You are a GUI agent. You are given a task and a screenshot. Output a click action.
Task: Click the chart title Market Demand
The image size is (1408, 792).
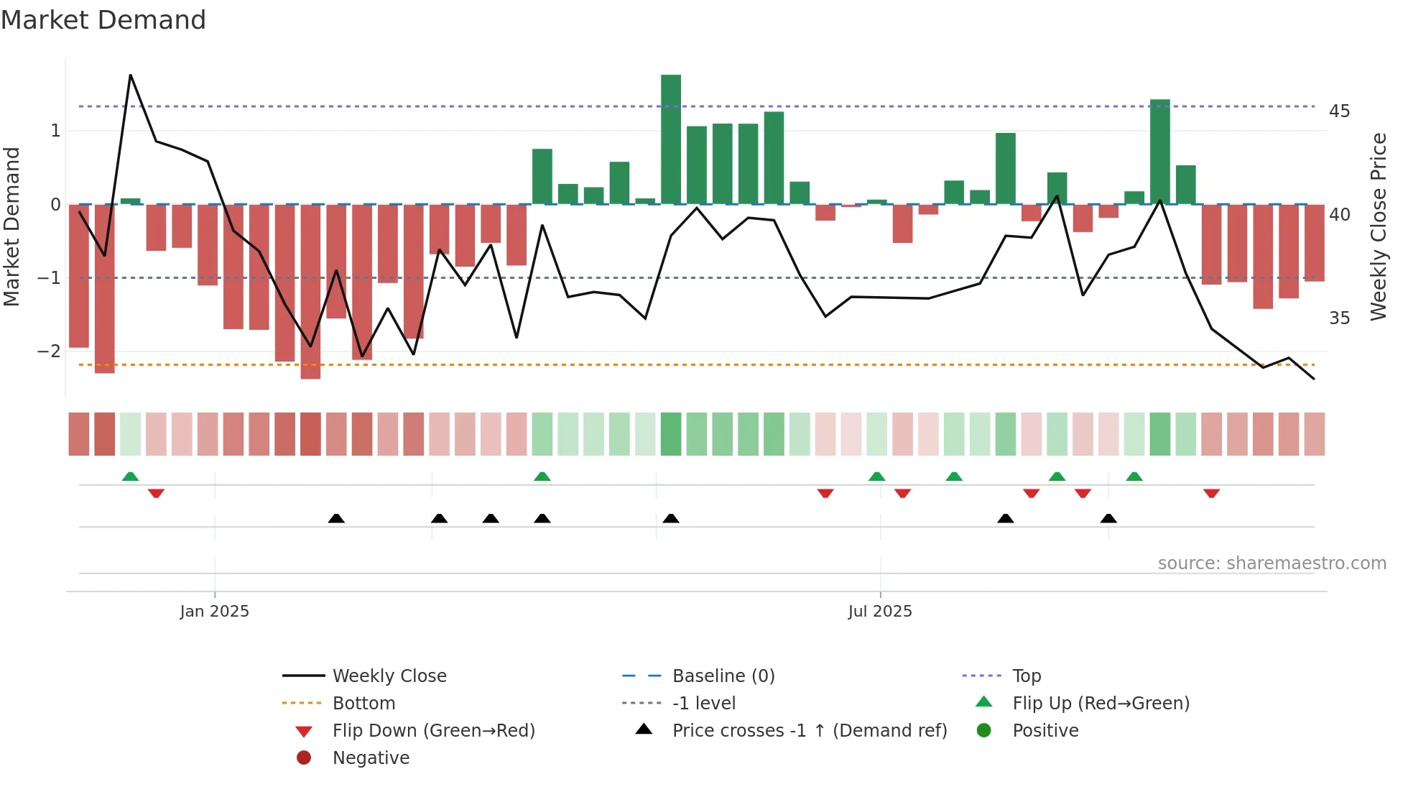click(103, 20)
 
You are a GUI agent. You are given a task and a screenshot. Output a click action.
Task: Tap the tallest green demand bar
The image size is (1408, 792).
click(671, 139)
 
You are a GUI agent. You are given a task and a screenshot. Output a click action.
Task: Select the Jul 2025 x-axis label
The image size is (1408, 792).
click(880, 612)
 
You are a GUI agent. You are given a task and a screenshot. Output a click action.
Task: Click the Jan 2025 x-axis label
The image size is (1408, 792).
click(214, 612)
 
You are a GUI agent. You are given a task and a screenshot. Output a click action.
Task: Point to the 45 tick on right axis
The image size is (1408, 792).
click(1339, 111)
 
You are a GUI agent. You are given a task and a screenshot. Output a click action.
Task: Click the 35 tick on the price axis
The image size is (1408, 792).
click(1339, 318)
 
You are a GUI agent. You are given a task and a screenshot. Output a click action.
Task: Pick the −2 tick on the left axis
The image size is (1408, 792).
click(49, 351)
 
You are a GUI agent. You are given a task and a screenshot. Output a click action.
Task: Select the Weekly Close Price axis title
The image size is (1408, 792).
click(1379, 226)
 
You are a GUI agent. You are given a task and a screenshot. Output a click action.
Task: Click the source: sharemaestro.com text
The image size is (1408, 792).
click(1272, 563)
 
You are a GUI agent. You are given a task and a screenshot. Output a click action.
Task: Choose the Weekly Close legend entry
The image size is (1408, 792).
click(389, 676)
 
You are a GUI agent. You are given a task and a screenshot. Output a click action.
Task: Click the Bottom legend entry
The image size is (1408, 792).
click(363, 704)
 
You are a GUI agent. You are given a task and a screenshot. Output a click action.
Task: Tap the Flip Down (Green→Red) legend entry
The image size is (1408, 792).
click(433, 731)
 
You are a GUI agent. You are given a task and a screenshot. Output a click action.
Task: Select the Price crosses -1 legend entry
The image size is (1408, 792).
click(810, 731)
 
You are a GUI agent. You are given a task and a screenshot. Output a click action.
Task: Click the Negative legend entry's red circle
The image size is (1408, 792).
click(304, 758)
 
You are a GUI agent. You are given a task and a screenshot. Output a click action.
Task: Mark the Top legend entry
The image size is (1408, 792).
click(1027, 676)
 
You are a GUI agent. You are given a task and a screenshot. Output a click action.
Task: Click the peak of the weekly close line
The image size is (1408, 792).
click(131, 75)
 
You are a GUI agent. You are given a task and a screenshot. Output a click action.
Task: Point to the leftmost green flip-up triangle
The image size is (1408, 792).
click(130, 476)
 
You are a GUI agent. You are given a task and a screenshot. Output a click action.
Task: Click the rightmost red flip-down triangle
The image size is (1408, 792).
click(1211, 493)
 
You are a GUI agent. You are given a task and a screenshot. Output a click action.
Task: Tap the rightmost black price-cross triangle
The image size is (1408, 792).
click(1108, 518)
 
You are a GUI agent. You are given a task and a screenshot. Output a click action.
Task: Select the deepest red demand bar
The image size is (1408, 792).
click(310, 291)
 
